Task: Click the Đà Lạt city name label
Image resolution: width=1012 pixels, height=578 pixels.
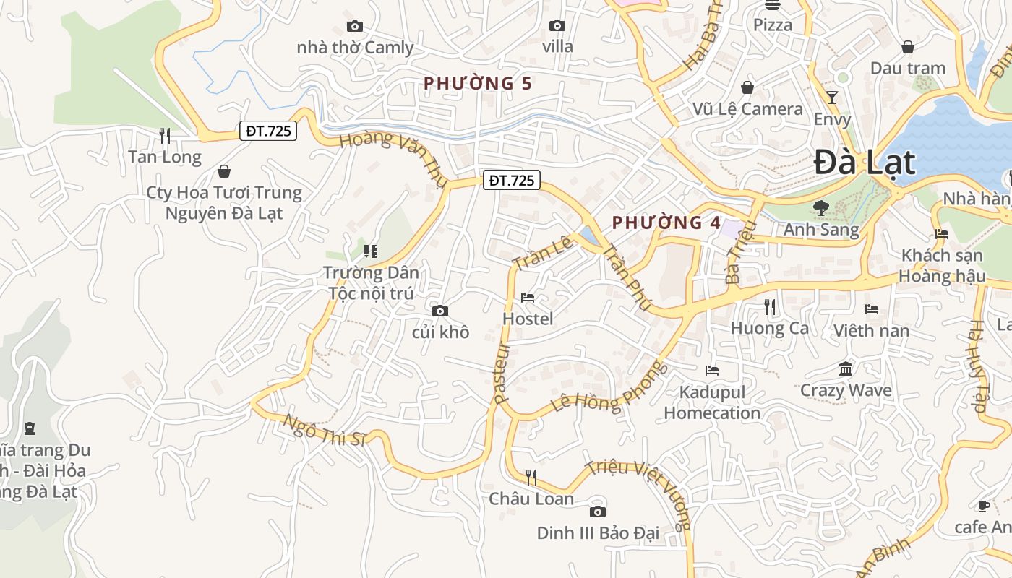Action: click(865, 163)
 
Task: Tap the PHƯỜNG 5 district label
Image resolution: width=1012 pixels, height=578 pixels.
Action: click(478, 84)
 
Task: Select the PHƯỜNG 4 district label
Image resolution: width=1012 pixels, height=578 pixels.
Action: click(666, 223)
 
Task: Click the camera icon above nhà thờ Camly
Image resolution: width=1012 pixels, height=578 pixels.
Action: click(354, 27)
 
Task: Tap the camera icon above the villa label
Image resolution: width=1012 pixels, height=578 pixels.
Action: click(557, 26)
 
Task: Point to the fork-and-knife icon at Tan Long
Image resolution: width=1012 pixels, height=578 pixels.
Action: click(165, 135)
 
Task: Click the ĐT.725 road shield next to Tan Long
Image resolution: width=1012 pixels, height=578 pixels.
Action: click(268, 131)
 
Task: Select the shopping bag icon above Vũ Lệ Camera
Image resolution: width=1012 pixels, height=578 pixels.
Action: click(747, 87)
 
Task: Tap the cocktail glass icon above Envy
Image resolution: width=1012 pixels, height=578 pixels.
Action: click(832, 97)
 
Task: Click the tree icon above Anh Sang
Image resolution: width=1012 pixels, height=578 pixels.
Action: click(820, 209)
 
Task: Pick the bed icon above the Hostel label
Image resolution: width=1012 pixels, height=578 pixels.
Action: click(528, 298)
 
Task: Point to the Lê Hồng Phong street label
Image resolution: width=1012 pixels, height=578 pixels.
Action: click(609, 389)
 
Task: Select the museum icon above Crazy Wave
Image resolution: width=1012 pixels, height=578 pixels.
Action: click(846, 369)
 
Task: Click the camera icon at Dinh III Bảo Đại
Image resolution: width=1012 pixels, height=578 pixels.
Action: click(597, 512)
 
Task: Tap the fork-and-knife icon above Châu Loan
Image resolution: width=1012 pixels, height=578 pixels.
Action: click(531, 477)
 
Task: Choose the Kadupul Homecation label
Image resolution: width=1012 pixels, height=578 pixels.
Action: click(712, 402)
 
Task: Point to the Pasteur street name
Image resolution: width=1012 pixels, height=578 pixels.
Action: click(502, 373)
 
